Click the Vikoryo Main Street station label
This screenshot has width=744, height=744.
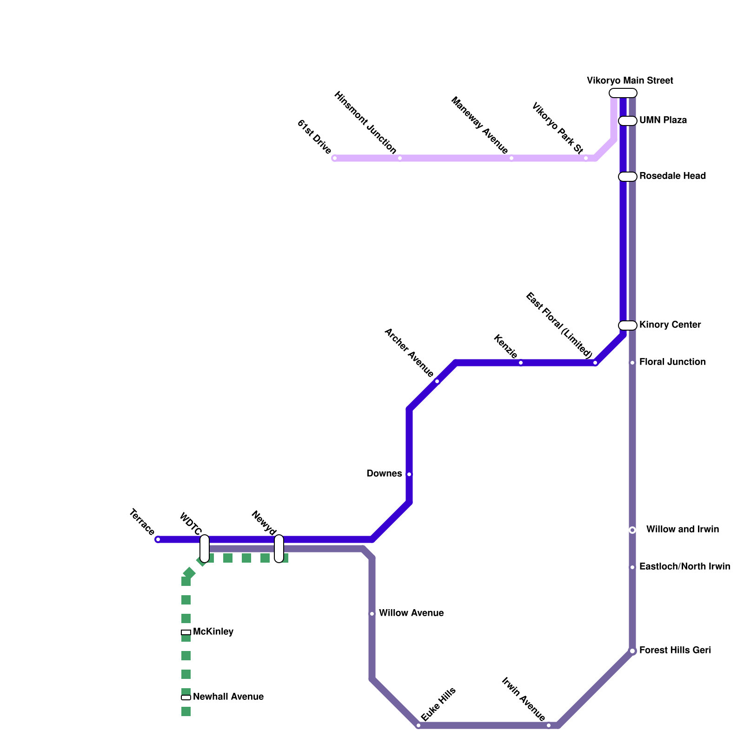tap(630, 81)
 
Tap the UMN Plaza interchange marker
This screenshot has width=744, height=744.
tap(627, 121)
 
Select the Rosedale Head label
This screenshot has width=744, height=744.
tap(672, 176)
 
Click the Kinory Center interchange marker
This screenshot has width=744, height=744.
tap(627, 325)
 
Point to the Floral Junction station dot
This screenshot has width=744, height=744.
tap(632, 363)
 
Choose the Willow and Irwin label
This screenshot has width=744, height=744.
tap(682, 530)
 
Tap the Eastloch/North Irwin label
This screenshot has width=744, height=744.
tap(684, 567)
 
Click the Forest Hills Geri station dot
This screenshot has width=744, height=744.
tap(632, 651)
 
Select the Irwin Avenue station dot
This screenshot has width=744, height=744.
tap(549, 725)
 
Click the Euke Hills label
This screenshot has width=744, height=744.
tap(438, 704)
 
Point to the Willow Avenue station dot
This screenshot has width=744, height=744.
tap(372, 614)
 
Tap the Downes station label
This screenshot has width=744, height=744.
tap(384, 474)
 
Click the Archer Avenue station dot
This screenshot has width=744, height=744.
tap(437, 381)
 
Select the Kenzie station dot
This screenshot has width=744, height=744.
tap(521, 363)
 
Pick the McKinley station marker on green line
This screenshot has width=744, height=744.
tap(186, 632)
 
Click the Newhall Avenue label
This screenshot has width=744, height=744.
tap(228, 697)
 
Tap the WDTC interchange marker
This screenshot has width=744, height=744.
tap(205, 549)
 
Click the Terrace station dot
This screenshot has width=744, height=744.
tap(158, 539)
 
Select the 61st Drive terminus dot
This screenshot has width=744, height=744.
tap(335, 158)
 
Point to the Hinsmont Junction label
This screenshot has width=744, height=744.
tap(365, 123)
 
